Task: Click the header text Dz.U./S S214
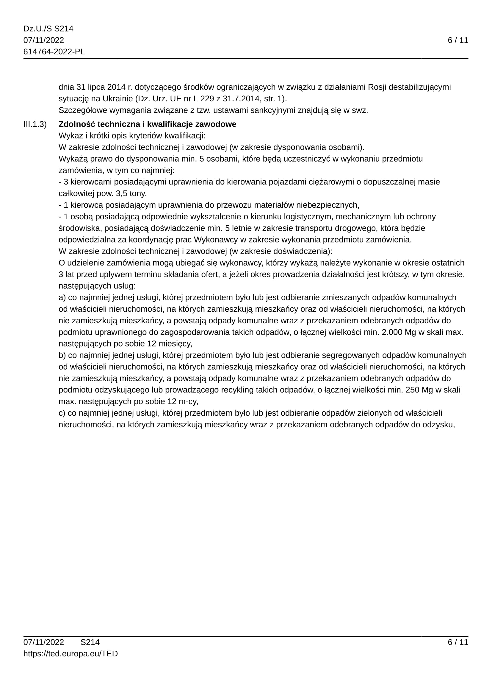48,29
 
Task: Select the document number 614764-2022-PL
54,52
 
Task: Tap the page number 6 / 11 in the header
458,40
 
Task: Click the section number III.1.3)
35,124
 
